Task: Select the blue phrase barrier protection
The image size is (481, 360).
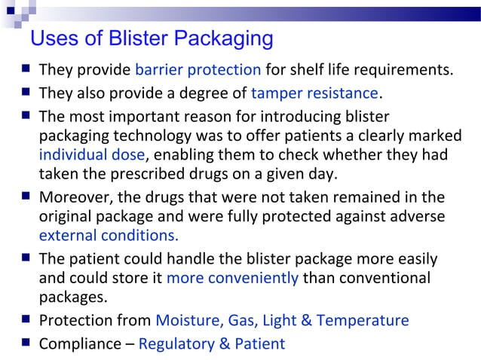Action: pyautogui.click(x=198, y=70)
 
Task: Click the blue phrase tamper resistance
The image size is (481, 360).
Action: pyautogui.click(x=314, y=93)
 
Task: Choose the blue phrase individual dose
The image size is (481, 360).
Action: pyautogui.click(x=91, y=156)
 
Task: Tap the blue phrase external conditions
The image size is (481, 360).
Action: pyautogui.click(x=109, y=234)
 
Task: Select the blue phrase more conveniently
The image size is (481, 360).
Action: pyautogui.click(x=232, y=277)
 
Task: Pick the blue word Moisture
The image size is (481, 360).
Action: pyautogui.click(x=186, y=320)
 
